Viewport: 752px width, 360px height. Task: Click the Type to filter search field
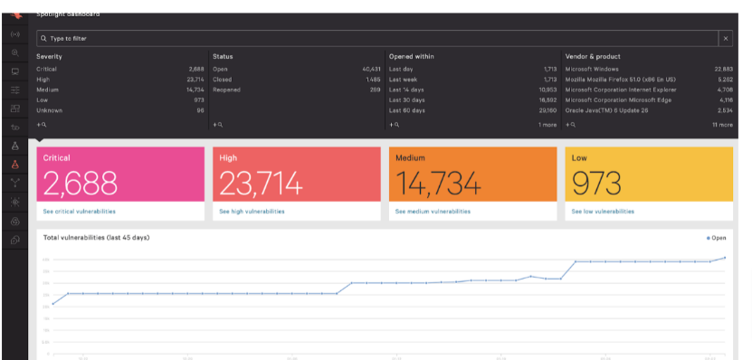point(362,39)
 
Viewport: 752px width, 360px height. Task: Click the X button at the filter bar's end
point(725,39)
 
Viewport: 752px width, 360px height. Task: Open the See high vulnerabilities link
point(251,211)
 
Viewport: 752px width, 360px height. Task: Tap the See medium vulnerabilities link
point(433,211)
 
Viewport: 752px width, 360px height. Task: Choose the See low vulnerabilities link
point(603,211)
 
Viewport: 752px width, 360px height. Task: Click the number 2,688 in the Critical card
point(81,184)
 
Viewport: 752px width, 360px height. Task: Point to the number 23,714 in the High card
point(261,184)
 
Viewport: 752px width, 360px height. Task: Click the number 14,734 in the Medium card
point(438,184)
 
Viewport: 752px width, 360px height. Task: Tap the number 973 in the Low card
point(595,184)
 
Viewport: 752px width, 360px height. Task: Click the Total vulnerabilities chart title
point(96,237)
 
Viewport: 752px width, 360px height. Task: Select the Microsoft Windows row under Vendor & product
point(594,69)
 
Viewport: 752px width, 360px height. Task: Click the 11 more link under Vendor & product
point(722,125)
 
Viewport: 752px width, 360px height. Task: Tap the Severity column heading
point(49,56)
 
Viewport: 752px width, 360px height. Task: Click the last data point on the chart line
point(724,258)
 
